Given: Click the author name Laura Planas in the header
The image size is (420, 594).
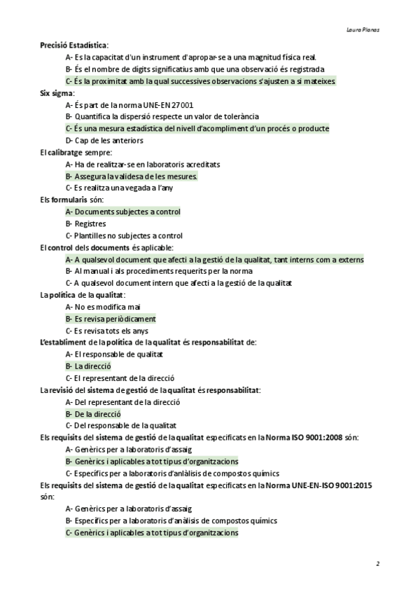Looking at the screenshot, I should point(363,30).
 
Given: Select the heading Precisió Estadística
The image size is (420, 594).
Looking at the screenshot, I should point(73,45).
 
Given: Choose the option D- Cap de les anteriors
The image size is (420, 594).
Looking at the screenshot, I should point(104,140).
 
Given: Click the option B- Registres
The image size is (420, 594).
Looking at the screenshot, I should point(85,223).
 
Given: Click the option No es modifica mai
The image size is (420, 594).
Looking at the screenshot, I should point(103,307).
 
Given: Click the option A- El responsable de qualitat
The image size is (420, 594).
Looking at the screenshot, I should point(113,354).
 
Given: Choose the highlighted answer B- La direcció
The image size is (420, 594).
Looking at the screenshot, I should point(88,366).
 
